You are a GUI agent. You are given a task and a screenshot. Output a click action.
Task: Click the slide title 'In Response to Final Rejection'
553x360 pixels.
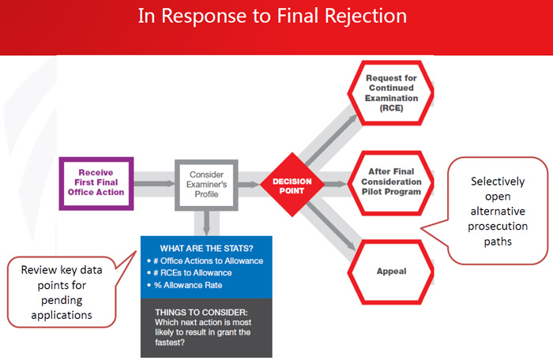[x=273, y=17]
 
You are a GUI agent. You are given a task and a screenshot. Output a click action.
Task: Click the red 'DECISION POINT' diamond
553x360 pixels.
[x=292, y=185]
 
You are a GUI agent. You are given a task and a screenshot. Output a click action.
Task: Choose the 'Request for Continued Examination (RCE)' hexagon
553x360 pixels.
[x=391, y=93]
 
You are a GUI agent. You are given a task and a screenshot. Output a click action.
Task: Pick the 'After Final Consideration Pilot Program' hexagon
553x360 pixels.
[x=391, y=182]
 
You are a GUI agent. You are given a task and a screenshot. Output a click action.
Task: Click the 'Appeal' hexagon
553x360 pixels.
[x=391, y=272]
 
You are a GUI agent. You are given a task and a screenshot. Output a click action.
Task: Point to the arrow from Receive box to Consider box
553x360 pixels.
[x=154, y=183]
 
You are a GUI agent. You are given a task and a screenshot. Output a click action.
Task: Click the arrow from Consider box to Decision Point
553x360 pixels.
[x=249, y=184]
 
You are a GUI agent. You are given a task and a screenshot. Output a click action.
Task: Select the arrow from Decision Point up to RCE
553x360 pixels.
[x=332, y=140]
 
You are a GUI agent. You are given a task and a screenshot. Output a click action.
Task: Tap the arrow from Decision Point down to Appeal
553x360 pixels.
[x=331, y=227]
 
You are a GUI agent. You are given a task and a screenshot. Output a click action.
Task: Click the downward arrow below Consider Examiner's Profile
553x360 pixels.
[x=207, y=223]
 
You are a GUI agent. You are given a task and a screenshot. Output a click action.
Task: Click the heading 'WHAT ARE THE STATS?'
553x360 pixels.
[x=207, y=249]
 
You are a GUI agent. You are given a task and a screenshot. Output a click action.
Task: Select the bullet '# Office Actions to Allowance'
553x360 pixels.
[x=208, y=261]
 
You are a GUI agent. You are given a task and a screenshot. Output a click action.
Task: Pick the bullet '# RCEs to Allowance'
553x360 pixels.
[x=193, y=273]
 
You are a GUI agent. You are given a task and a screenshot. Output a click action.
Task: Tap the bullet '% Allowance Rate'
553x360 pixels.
[x=188, y=285]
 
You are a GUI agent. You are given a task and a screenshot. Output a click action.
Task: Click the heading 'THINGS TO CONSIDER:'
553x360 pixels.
[x=201, y=313]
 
